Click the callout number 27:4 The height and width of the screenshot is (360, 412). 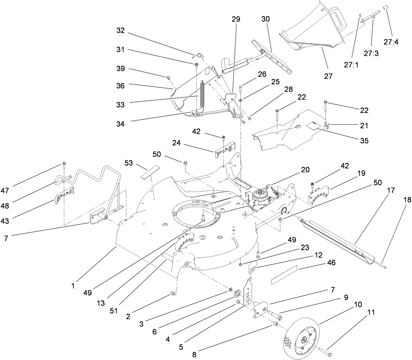[391, 42]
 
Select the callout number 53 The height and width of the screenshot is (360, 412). [129, 163]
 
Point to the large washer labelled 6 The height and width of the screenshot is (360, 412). [237, 293]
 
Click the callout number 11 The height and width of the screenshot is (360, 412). [371, 312]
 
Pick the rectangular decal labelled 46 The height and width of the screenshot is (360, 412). [284, 275]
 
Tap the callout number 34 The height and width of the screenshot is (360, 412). [120, 124]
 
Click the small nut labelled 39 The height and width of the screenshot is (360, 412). [168, 78]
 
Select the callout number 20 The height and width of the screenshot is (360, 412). [305, 170]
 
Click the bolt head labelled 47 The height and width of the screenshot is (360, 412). [64, 163]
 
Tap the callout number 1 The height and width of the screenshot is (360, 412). [73, 286]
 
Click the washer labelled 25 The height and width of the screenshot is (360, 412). [241, 100]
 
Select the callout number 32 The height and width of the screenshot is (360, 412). [120, 30]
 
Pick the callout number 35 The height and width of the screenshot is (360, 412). [364, 141]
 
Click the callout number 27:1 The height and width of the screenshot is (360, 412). [352, 65]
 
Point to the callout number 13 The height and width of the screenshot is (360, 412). [101, 303]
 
